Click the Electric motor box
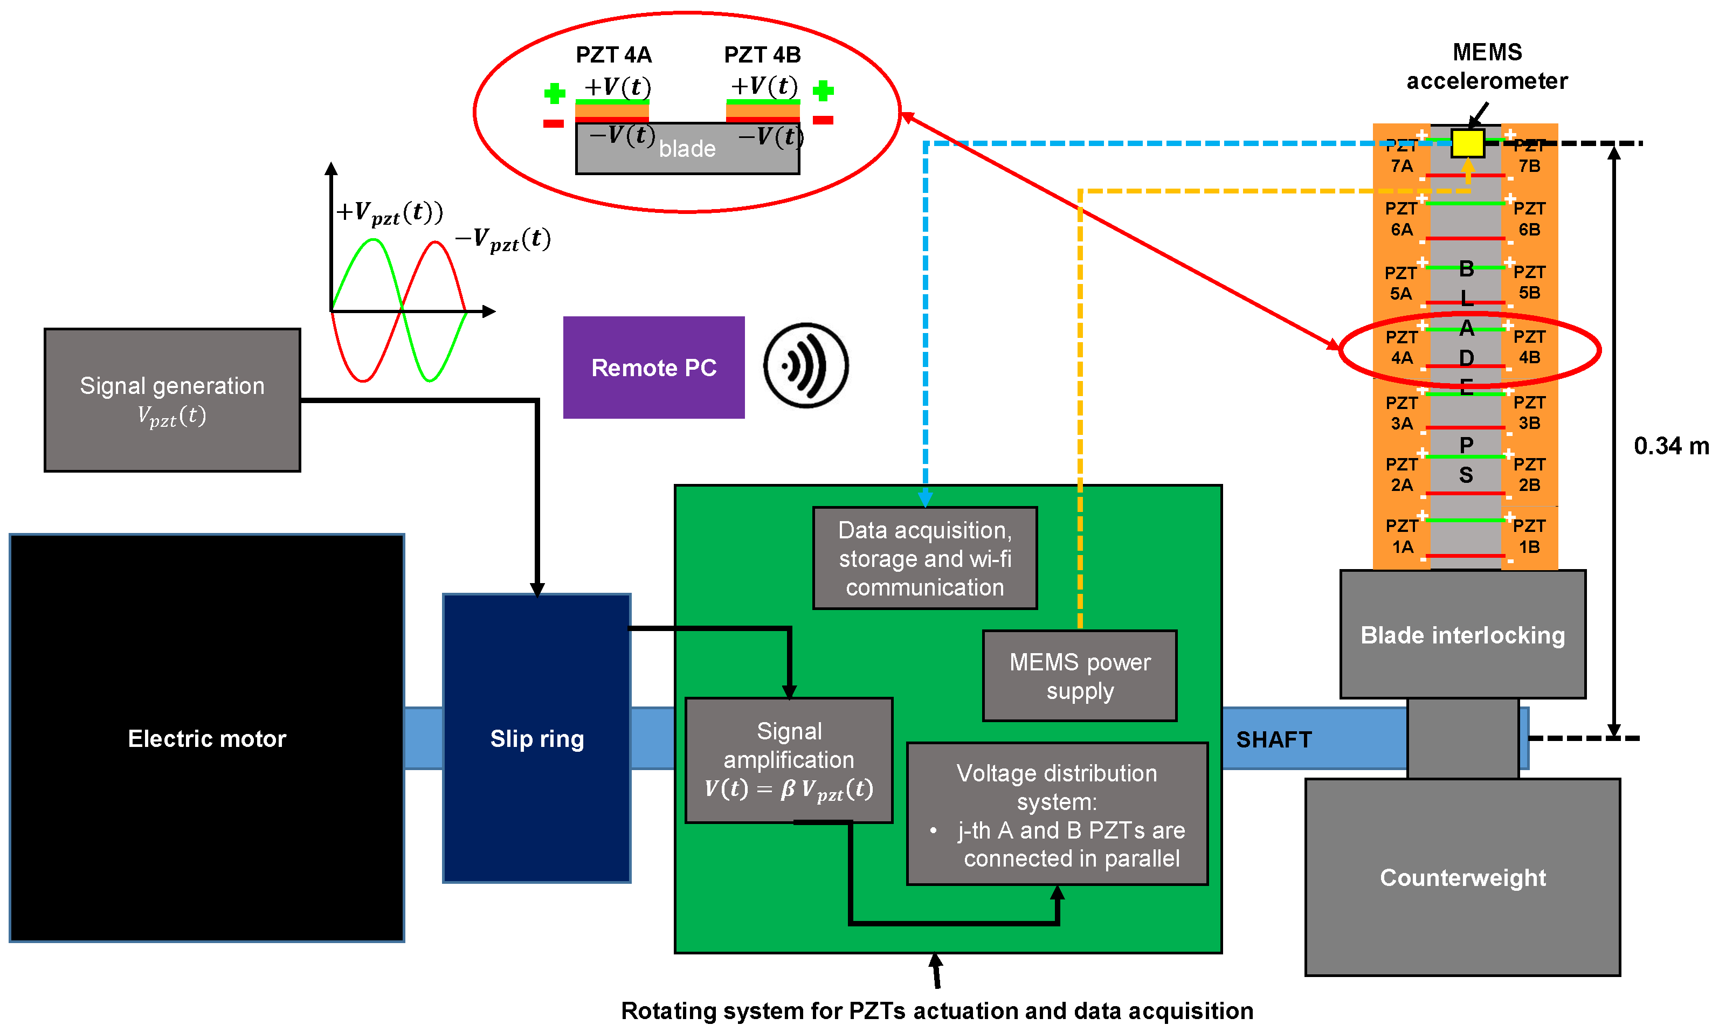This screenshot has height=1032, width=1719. pos(206,738)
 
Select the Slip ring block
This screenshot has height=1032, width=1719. pos(536,738)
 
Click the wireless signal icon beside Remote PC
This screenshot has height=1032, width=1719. pos(805,365)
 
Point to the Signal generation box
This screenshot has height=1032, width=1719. pos(172,400)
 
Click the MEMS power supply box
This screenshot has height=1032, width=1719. pos(1079,675)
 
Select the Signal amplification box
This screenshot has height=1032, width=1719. pos(789,759)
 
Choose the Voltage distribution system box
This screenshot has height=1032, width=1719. pos(1057,814)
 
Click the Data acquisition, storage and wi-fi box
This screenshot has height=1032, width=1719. pos(925,558)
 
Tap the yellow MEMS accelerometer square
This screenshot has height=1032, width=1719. pos(1467,143)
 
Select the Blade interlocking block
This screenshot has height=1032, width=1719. pos(1462,634)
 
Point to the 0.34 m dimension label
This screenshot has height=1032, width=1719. pos(1671,446)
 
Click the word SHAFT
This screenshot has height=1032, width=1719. pos(1273,739)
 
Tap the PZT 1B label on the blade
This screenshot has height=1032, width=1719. pos(1529,536)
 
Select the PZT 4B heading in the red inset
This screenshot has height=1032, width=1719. pos(762,54)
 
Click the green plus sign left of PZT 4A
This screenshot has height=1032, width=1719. pos(554,93)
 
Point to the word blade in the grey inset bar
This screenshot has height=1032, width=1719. pos(687,148)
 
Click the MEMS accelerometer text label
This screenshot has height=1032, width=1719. pos(1487,67)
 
